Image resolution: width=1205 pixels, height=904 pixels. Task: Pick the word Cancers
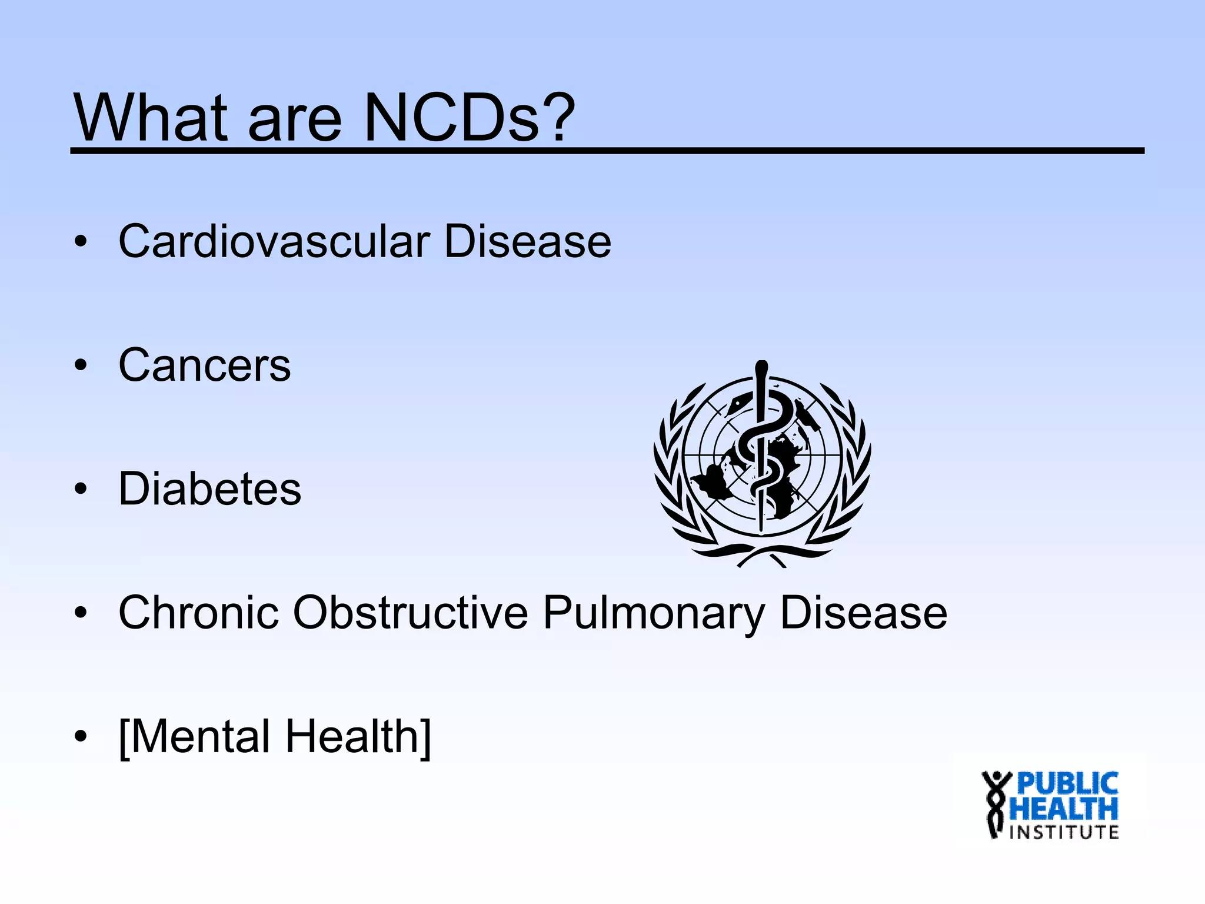point(205,365)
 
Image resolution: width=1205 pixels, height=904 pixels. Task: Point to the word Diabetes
point(209,489)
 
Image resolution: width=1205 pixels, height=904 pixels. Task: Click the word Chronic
point(198,613)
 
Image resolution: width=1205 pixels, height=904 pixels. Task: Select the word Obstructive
point(411,613)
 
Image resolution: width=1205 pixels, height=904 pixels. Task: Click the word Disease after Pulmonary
point(863,613)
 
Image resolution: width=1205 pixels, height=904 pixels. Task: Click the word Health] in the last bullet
point(359,737)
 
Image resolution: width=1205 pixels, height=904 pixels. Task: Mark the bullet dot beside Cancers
point(81,365)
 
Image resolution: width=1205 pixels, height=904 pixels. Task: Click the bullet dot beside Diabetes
point(81,489)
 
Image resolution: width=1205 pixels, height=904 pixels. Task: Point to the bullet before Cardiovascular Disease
point(81,241)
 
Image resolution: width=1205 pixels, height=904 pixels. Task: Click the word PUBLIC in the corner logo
point(1067,784)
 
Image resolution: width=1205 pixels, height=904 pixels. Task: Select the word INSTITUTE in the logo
point(1064,832)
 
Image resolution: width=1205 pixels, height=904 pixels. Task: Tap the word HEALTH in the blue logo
point(1064,809)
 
